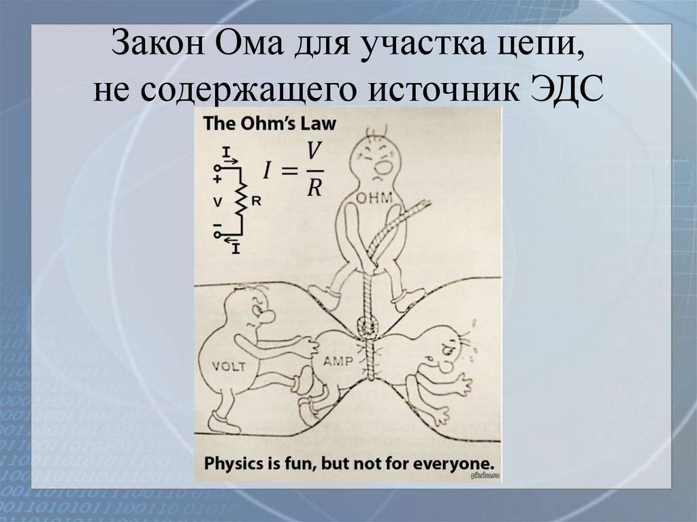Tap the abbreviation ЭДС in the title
[x=564, y=91]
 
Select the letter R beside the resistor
[x=256, y=201]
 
